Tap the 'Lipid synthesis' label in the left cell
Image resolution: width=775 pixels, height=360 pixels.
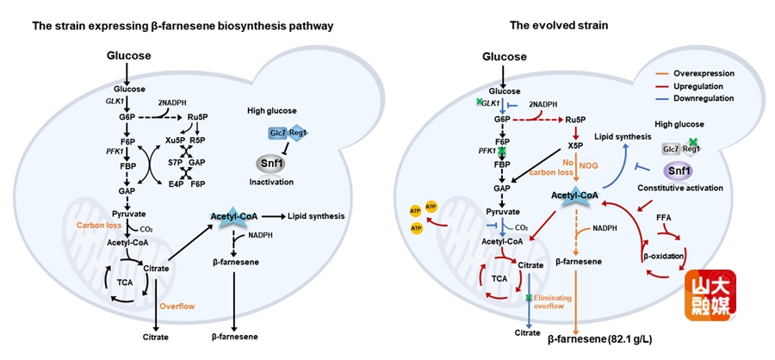312,215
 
